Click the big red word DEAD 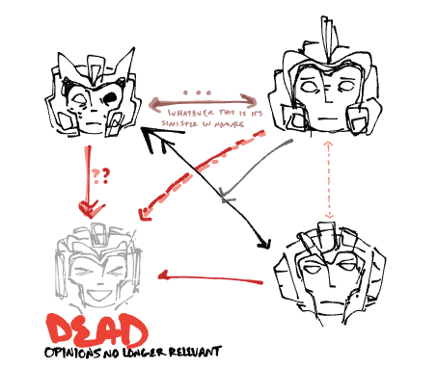[x=96, y=330]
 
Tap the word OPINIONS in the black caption [x=73, y=353]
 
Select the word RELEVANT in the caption [x=195, y=352]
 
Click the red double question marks [x=100, y=175]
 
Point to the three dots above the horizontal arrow [x=197, y=92]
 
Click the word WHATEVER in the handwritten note [x=190, y=113]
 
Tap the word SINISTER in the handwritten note [x=179, y=123]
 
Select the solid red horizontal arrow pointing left [x=210, y=278]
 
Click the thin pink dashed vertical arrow [x=328, y=179]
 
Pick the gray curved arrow [x=254, y=167]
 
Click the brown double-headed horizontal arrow [x=203, y=103]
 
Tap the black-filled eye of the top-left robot [x=111, y=97]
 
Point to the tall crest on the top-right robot [x=329, y=39]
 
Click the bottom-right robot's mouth [x=324, y=302]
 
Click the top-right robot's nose [x=328, y=96]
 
